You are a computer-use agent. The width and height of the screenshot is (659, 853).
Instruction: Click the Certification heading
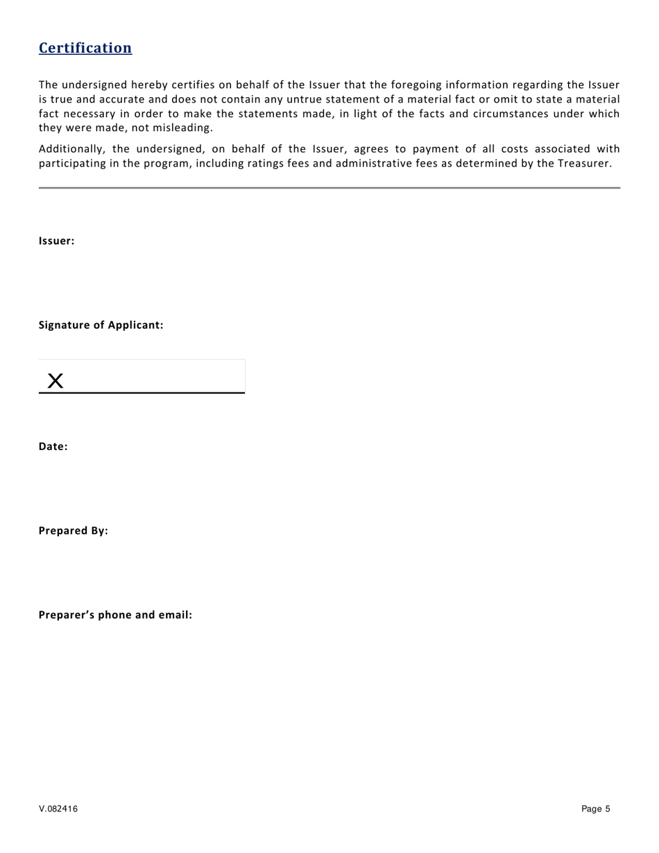click(x=85, y=48)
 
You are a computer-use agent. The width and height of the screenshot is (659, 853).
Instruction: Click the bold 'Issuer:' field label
click(x=56, y=241)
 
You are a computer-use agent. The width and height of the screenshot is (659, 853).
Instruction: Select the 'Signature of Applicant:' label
click(x=101, y=325)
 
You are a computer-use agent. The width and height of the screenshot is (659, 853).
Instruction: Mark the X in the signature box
click(x=55, y=380)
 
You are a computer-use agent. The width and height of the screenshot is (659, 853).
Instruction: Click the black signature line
click(x=142, y=393)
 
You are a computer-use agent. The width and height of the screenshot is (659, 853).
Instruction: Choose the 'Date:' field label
click(x=53, y=447)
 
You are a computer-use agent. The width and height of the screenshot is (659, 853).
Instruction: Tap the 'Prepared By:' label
click(x=73, y=531)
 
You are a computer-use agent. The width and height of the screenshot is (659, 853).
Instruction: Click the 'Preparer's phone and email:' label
click(x=115, y=615)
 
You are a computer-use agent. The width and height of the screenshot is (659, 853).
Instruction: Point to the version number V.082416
click(x=58, y=809)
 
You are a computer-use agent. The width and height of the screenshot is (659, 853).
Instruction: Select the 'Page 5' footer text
click(x=596, y=809)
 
